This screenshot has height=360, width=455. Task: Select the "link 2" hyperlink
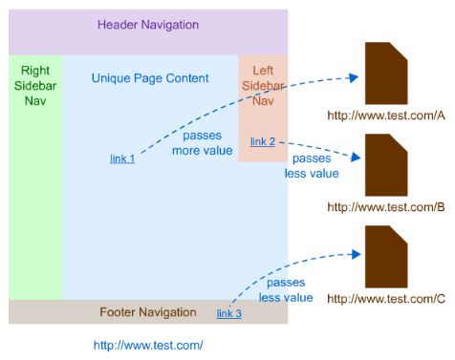(x=262, y=142)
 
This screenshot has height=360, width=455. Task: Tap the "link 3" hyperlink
(x=228, y=313)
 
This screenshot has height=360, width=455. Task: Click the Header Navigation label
(x=148, y=25)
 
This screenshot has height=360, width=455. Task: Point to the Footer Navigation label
(x=148, y=312)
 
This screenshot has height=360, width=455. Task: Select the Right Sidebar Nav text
(x=35, y=86)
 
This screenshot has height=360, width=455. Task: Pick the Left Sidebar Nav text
(x=262, y=86)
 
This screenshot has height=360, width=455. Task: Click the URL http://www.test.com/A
(x=386, y=116)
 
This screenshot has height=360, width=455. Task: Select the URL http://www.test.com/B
(x=386, y=206)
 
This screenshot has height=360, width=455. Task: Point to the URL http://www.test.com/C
(x=386, y=298)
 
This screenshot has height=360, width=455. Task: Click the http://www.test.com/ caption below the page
(x=148, y=345)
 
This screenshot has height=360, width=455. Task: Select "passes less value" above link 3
(x=286, y=290)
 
